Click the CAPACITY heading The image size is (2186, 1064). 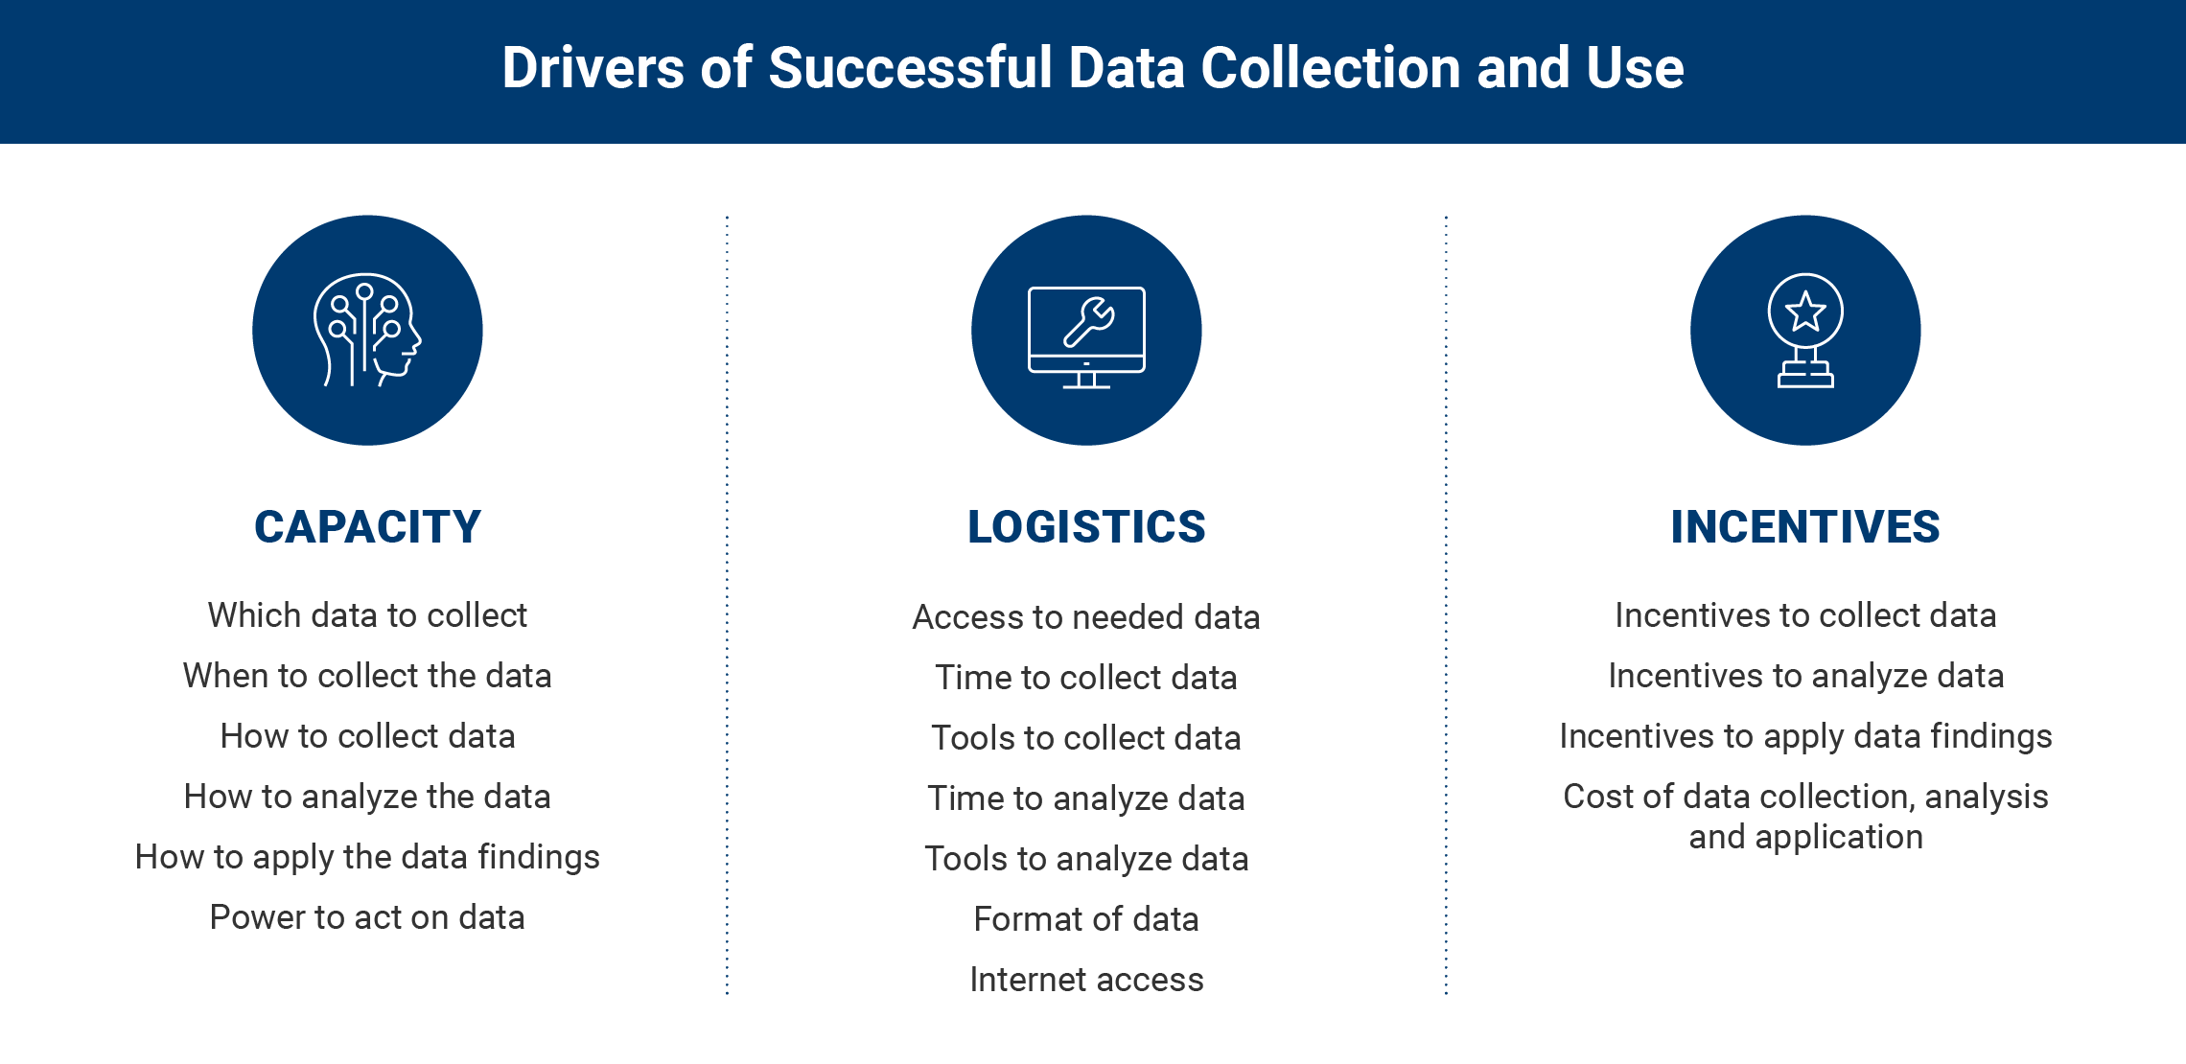pyautogui.click(x=367, y=527)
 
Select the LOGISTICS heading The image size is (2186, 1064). pyautogui.click(x=1086, y=527)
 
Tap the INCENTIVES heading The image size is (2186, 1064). pyautogui.click(x=1805, y=527)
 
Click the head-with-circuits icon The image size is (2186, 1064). pyautogui.click(x=367, y=331)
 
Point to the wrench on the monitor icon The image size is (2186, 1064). pyautogui.click(x=1089, y=321)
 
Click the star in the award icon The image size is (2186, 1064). pyautogui.click(x=1805, y=312)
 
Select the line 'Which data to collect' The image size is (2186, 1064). pyautogui.click(x=367, y=615)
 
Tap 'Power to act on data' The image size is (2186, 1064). pyautogui.click(x=367, y=917)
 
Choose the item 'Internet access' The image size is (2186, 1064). pyautogui.click(x=1086, y=980)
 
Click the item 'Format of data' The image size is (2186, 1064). pyautogui.click(x=1086, y=919)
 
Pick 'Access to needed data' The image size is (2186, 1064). pyautogui.click(x=1086, y=617)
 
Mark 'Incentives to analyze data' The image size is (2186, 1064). pyautogui.click(x=1805, y=676)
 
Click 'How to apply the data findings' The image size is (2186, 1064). pyautogui.click(x=367, y=857)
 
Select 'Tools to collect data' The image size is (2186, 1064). pyautogui.click(x=1086, y=738)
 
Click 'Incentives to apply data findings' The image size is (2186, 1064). pyautogui.click(x=1805, y=736)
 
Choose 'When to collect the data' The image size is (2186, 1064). pyautogui.click(x=367, y=676)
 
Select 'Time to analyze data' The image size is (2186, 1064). pyautogui.click(x=1086, y=798)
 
